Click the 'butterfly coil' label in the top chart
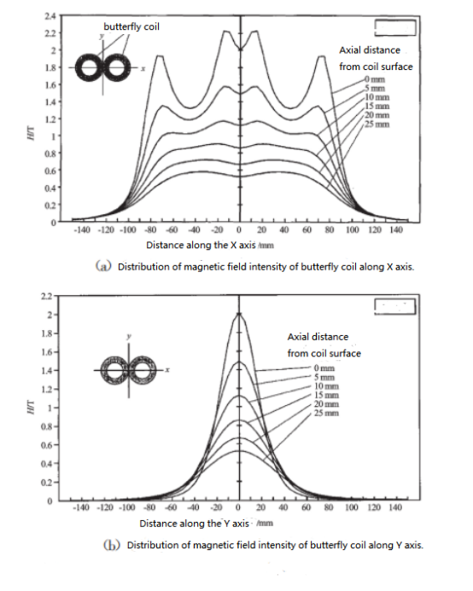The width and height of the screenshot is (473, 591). pos(131,26)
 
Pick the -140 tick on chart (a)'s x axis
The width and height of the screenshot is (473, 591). pos(82,230)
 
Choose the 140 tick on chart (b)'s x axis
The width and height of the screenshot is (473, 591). pos(394,507)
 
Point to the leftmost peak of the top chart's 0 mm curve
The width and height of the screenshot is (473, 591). pos(158,57)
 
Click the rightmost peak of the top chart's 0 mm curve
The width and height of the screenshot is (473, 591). pos(322,57)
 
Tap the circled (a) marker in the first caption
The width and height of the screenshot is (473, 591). pos(102,266)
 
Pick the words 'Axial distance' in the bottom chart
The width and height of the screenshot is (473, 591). pos(318,337)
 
